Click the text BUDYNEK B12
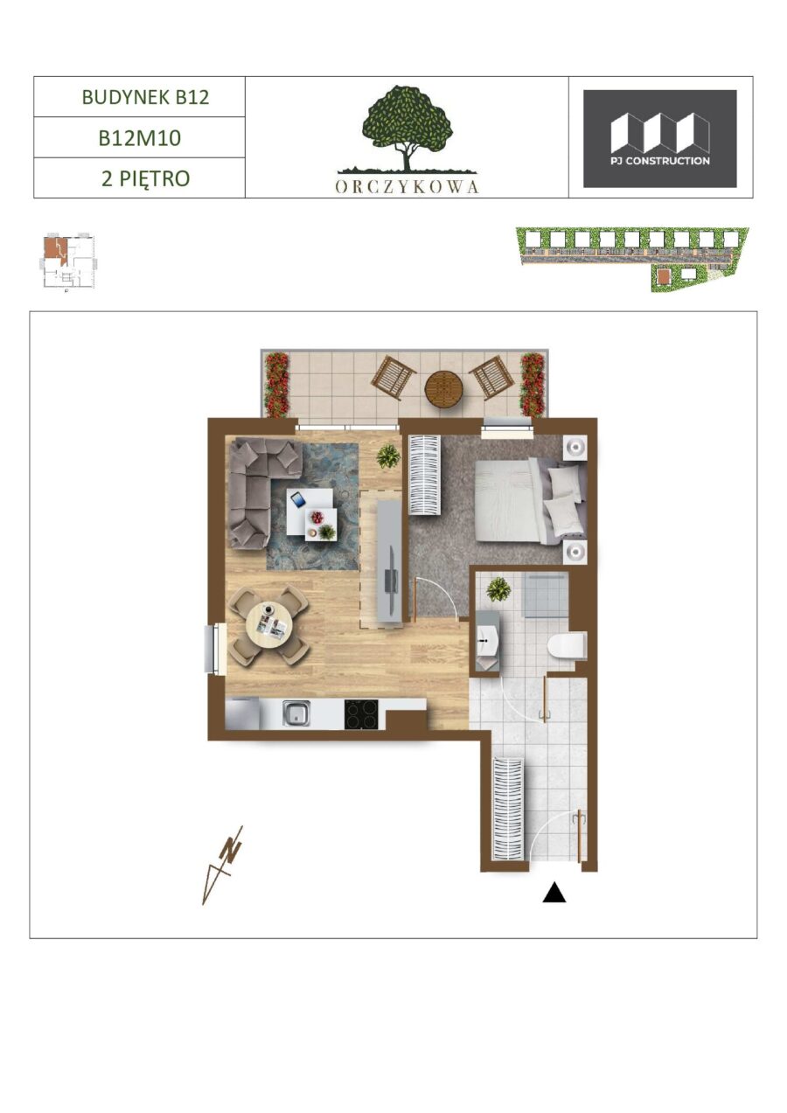coord(145,97)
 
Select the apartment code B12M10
coord(140,138)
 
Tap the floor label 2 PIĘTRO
coord(145,178)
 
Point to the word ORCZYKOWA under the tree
coord(407,186)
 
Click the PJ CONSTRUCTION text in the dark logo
coord(660,161)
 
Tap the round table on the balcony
coord(443,391)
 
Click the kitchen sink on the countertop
coord(296,714)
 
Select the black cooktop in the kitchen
coord(361,714)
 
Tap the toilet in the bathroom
coord(567,647)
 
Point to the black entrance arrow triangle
coord(554,892)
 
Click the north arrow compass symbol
coord(223,865)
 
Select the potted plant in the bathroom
coord(498,590)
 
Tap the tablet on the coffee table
coord(298,499)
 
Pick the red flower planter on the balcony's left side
coord(276,385)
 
